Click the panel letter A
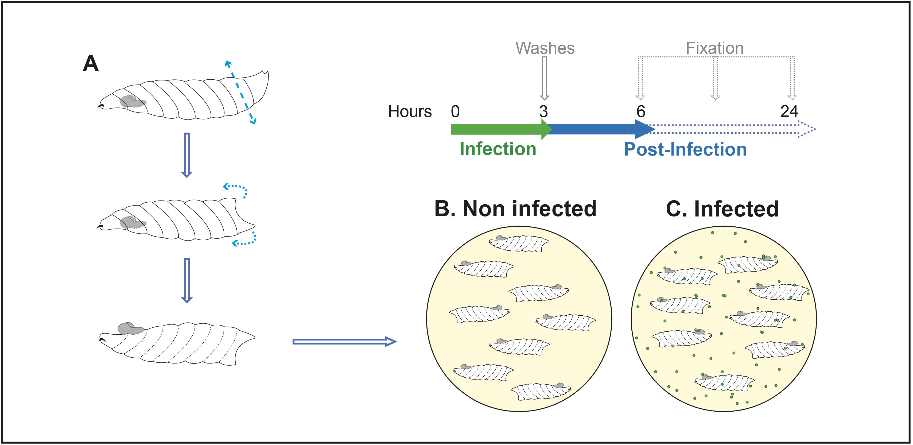click(91, 64)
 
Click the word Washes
click(545, 48)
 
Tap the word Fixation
click(714, 48)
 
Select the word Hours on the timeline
click(410, 111)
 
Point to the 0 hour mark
click(456, 111)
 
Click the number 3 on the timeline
click(543, 111)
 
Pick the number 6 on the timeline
click(641, 111)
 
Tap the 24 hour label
click(789, 111)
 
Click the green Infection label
click(498, 149)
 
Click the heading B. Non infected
click(515, 208)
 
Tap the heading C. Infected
click(722, 209)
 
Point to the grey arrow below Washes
click(545, 78)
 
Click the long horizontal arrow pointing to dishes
click(344, 342)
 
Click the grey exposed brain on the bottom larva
click(130, 328)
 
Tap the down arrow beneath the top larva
click(187, 155)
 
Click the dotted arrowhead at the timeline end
click(806, 129)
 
